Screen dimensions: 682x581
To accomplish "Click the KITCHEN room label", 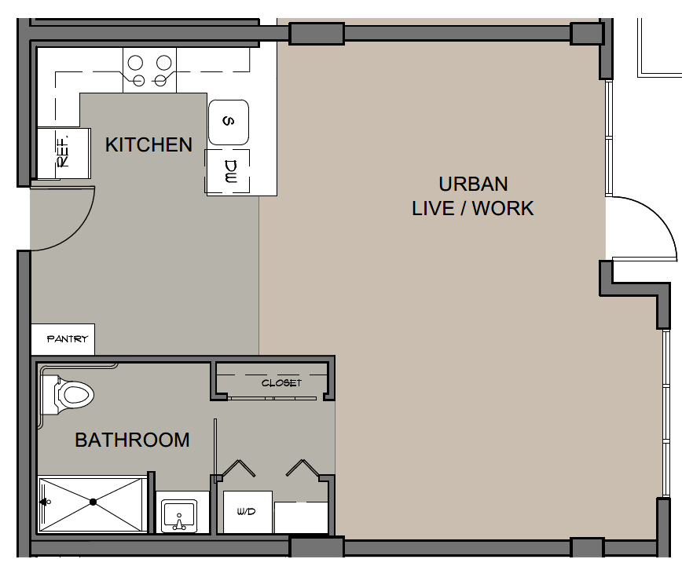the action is (x=148, y=144).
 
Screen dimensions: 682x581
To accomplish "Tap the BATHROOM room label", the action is (x=132, y=440).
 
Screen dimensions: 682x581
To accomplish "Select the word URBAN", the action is (x=473, y=184).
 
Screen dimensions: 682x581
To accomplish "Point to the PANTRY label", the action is (x=68, y=338).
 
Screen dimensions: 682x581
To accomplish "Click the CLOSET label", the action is (x=281, y=383).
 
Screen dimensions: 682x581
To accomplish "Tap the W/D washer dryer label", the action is (x=246, y=511).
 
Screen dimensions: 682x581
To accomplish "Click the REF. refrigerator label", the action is (x=63, y=152).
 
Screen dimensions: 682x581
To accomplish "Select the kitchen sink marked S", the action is (x=229, y=122).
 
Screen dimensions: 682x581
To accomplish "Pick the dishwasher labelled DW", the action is (x=228, y=172).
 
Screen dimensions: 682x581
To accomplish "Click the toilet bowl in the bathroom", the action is (x=76, y=395).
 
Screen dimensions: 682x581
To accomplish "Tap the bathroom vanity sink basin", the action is (x=179, y=516).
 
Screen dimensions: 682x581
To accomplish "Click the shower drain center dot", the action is (x=93, y=502).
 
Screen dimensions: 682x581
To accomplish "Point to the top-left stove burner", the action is (x=136, y=63).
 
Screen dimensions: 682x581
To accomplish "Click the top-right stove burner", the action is (x=164, y=63).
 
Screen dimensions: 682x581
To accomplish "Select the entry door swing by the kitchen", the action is (x=79, y=230).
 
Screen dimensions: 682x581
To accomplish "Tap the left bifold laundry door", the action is (x=238, y=468).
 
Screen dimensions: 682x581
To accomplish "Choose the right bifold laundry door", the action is (x=302, y=468).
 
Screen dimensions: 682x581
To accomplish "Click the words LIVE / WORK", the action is (x=473, y=209).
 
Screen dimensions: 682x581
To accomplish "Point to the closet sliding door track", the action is (x=273, y=398).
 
